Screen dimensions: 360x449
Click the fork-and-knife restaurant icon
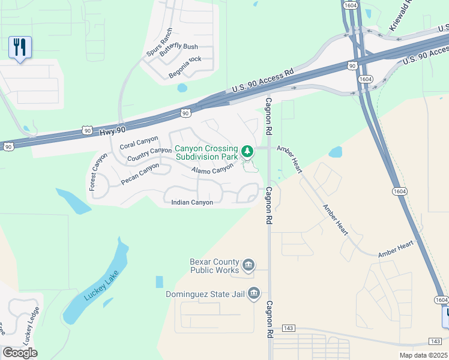pos(20,47)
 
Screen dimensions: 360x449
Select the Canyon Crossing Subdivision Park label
pos(206,152)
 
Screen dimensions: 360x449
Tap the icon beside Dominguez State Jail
pos(254,293)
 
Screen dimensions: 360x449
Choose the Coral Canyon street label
pos(139,142)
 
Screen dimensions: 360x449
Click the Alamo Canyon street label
pos(212,170)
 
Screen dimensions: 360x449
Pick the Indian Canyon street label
pos(192,203)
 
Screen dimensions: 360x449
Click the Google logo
pos(20,352)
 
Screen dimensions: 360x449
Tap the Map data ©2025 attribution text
pos(423,355)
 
